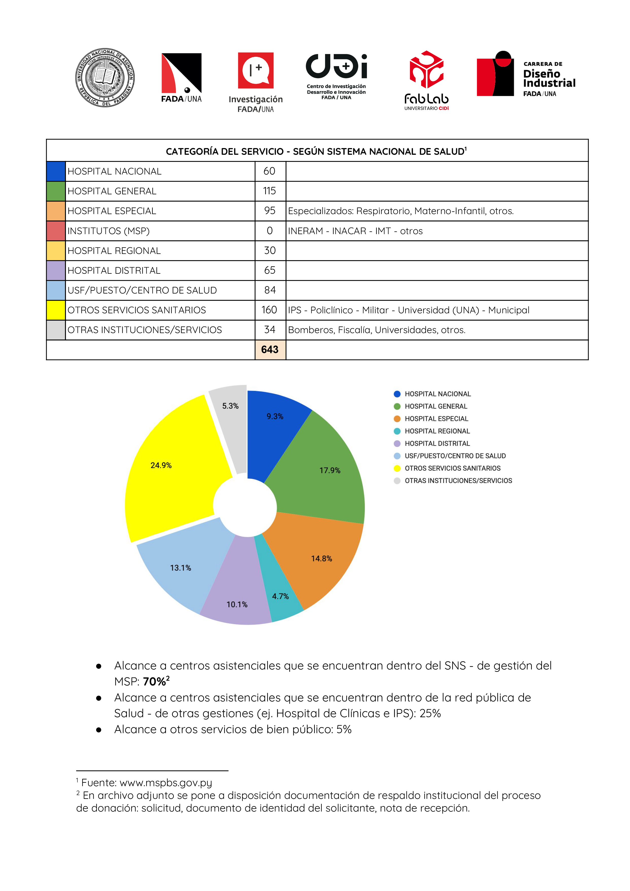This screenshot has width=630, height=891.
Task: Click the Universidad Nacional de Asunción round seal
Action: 105,78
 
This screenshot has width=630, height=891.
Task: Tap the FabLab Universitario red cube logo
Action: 426,70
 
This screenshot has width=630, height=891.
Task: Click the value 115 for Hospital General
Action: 269,191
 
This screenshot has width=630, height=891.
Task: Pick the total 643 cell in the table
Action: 270,350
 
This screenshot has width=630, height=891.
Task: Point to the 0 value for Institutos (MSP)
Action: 269,231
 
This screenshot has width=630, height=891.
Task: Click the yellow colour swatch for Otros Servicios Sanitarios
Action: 56,310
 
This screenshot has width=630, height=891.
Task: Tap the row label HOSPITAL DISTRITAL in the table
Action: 114,270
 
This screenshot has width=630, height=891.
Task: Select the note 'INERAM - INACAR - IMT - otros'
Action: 355,231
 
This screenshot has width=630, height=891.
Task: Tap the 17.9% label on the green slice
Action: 330,470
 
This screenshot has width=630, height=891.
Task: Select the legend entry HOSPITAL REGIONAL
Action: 437,431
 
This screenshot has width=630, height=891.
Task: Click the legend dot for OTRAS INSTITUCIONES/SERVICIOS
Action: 397,481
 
